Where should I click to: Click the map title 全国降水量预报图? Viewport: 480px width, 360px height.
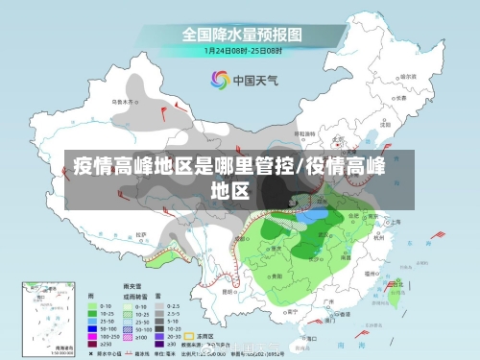point(243,34)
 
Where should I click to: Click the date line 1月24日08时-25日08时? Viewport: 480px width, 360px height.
point(243,49)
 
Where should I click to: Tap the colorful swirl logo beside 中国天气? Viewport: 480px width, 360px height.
point(217,81)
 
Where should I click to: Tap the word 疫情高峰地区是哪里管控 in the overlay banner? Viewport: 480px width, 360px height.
point(181,166)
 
